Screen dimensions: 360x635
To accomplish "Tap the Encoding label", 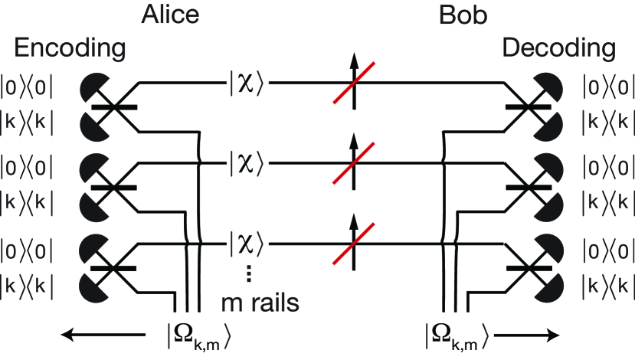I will point(70,49).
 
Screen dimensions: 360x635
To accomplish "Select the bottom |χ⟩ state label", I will point(246,244).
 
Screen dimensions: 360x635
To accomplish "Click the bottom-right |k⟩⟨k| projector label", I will point(607,284).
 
